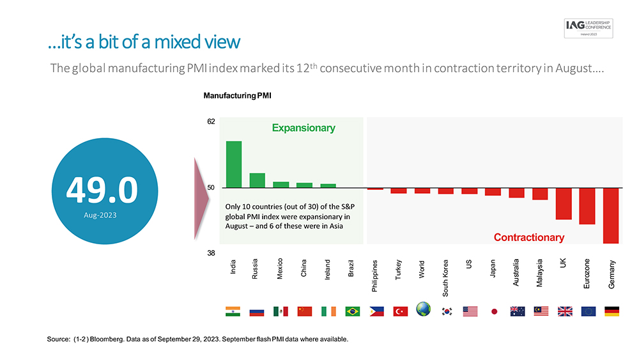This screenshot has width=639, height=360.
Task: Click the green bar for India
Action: point(234,164)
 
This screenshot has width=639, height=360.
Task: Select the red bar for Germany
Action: point(611,215)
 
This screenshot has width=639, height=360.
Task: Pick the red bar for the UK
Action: point(563,203)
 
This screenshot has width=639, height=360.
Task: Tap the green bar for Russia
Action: point(258,180)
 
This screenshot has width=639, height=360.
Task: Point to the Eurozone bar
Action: point(587,206)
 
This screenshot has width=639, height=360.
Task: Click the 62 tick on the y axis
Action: point(210,121)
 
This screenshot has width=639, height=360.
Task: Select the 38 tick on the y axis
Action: point(210,253)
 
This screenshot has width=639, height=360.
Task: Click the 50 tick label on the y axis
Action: point(210,188)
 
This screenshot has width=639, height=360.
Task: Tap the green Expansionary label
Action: point(304,128)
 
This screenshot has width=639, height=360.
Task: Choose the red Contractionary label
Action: point(529,237)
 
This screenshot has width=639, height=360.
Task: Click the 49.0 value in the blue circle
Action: point(102,189)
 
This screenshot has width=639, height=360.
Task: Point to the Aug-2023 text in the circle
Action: point(100,215)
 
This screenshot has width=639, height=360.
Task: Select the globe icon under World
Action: point(423,310)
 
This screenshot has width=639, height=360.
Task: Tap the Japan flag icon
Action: point(494,311)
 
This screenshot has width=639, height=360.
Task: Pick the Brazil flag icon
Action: point(352,311)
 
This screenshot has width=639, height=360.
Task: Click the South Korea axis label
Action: point(445,278)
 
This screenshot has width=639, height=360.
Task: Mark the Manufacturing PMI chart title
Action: point(237,96)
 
